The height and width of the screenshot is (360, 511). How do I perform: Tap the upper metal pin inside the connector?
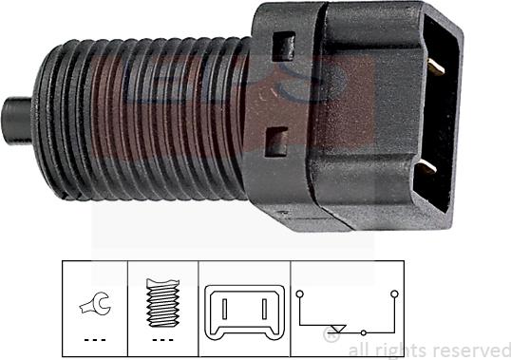(x=433, y=66)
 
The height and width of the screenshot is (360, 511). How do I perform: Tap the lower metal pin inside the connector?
(x=427, y=167)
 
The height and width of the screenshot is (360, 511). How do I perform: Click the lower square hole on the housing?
(x=274, y=142)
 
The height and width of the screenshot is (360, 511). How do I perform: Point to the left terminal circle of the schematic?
(x=301, y=295)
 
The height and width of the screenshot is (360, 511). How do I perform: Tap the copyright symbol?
(x=332, y=334)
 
